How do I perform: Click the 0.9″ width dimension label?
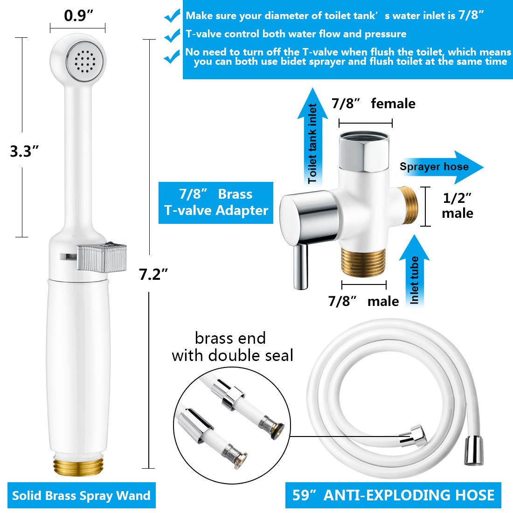click(78, 16)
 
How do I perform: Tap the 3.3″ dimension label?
click(24, 151)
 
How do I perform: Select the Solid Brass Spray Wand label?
click(81, 495)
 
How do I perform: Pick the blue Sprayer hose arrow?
click(440, 167)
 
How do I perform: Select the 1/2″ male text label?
click(457, 206)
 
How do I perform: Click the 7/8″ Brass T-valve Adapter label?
click(216, 202)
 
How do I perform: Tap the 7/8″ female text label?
click(373, 104)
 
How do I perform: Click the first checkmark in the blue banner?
click(172, 16)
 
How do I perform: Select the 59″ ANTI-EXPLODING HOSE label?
click(393, 495)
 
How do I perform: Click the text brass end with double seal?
click(232, 347)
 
